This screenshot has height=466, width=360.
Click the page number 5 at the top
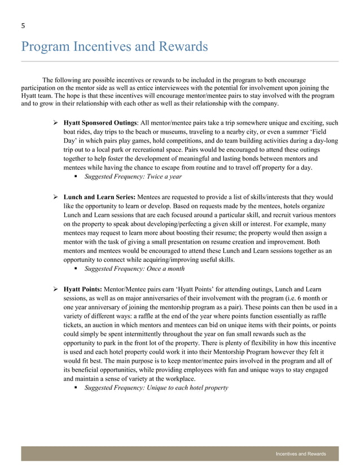[x=23, y=25]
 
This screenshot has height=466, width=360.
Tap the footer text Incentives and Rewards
[x=301, y=454]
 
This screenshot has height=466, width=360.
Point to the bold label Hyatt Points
[x=82, y=289]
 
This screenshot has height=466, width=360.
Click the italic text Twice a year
[x=164, y=177]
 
